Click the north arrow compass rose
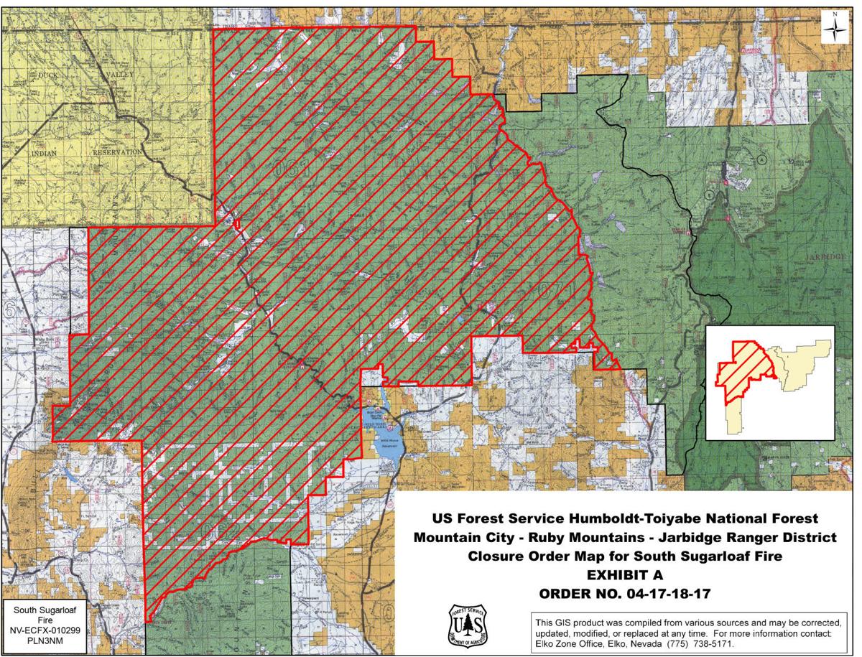coord(835,28)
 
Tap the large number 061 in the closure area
coord(295,169)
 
